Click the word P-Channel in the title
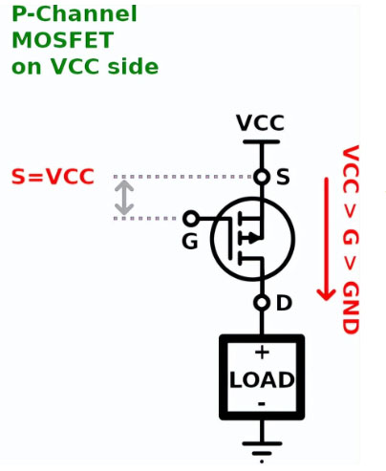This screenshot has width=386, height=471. coord(75,13)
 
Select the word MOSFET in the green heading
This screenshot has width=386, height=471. coord(62,40)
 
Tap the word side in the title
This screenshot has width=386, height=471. coord(133,66)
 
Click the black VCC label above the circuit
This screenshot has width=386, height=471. coord(260,122)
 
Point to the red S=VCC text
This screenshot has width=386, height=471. coord(53,177)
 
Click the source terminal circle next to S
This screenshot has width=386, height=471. coord(262,177)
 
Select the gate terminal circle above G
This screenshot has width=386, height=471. coord(190,219)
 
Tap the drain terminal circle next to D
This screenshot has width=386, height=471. coord(262,303)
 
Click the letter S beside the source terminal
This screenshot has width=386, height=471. coord(283,177)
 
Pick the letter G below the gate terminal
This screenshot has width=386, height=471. coord(190,241)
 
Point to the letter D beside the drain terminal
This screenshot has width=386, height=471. coord(284,303)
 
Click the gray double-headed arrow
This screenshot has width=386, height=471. coord(124,198)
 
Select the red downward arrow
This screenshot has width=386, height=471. coord(326,239)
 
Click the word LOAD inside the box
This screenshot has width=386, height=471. coord(262,379)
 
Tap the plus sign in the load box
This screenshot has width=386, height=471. coord(262,353)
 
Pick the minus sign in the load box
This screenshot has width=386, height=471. coord(262,404)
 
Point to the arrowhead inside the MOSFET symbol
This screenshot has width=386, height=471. coord(254,238)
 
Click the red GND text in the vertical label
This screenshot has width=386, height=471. coord(351,308)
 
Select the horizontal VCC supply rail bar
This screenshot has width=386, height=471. coord(262,141)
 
